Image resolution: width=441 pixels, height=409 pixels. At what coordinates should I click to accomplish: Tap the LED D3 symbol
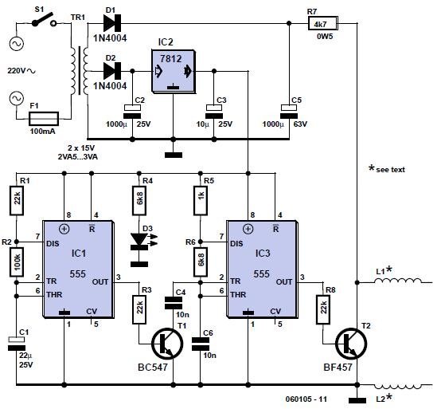pos(140,241)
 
